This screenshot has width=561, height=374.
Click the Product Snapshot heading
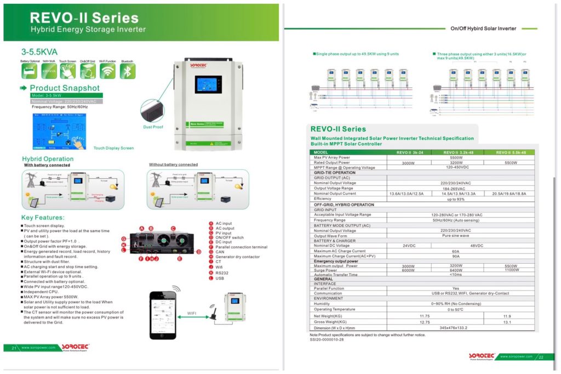65,88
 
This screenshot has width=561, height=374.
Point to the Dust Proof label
153,127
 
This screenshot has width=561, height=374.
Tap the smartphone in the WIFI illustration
163,315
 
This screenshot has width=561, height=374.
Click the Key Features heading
43,218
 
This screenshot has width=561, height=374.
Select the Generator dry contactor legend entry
238,256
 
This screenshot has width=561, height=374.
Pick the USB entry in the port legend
219,278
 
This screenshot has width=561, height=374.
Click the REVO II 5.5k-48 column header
511,152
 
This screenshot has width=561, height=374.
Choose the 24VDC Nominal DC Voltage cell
408,246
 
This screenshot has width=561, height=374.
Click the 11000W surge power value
511,270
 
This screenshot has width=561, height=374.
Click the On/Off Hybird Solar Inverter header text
483,29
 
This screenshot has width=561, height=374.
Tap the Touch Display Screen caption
113,148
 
